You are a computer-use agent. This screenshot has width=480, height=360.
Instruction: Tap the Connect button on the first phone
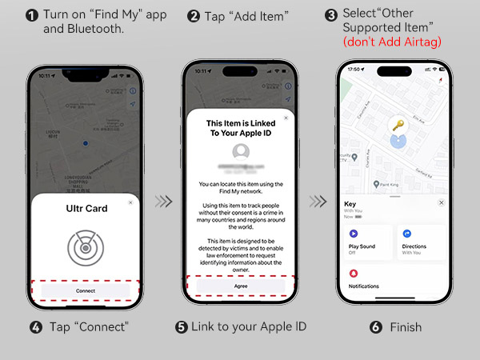[85, 290]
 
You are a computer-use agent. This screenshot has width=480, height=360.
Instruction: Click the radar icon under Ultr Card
[85, 248]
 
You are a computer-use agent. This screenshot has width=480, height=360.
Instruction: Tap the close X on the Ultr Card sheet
[130, 203]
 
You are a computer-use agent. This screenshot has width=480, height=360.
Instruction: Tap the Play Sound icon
[354, 233]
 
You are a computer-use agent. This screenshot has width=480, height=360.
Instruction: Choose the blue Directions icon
[407, 233]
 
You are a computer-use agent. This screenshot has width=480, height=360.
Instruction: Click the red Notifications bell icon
[354, 273]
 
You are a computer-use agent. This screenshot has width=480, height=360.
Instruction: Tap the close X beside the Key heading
[441, 203]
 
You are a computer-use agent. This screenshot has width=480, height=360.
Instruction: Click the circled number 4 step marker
[35, 327]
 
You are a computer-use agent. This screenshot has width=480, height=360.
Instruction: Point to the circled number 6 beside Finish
[375, 327]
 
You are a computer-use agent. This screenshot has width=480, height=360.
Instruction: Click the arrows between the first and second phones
[162, 202]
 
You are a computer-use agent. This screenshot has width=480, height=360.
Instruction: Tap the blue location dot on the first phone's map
[85, 144]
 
